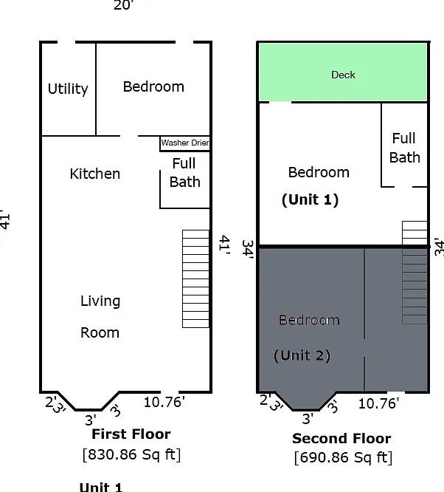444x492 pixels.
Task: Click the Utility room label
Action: [68, 89]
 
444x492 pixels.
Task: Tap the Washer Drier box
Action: [184, 143]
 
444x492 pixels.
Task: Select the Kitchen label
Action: [94, 174]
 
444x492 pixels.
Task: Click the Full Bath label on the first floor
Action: [184, 173]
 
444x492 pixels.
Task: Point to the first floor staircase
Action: [195, 279]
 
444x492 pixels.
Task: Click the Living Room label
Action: [100, 316]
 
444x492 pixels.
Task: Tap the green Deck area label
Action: [343, 75]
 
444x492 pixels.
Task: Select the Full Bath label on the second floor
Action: [404, 148]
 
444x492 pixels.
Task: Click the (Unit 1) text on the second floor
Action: [310, 199]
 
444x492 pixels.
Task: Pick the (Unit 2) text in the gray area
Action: [302, 355]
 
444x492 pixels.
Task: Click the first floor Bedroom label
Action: [153, 86]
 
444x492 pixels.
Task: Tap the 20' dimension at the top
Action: [123, 6]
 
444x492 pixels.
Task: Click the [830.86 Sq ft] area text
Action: [131, 454]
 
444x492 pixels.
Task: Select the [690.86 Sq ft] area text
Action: [343, 457]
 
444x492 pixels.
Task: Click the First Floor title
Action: [130, 434]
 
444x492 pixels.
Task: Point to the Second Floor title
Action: [341, 439]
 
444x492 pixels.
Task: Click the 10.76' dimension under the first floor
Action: [164, 402]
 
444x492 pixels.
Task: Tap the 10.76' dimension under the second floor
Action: [378, 403]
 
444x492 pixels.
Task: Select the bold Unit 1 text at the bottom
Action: [100, 487]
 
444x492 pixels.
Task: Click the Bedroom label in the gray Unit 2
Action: [309, 320]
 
